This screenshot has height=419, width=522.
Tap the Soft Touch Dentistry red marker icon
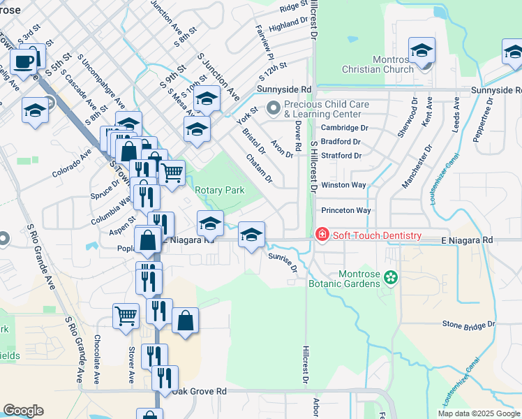(x=322, y=235)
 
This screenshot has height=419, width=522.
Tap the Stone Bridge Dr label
(x=468, y=325)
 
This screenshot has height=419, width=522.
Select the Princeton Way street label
(x=346, y=210)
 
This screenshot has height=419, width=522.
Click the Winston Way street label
(x=343, y=185)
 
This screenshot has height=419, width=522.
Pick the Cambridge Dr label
(x=344, y=128)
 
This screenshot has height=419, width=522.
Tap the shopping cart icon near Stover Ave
(x=126, y=315)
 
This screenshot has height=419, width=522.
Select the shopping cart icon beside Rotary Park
(x=172, y=170)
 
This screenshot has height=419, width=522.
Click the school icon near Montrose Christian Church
(x=422, y=50)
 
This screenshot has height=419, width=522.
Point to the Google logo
(x=23, y=411)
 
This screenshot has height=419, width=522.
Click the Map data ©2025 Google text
(x=478, y=413)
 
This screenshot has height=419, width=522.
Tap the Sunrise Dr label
(x=283, y=263)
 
